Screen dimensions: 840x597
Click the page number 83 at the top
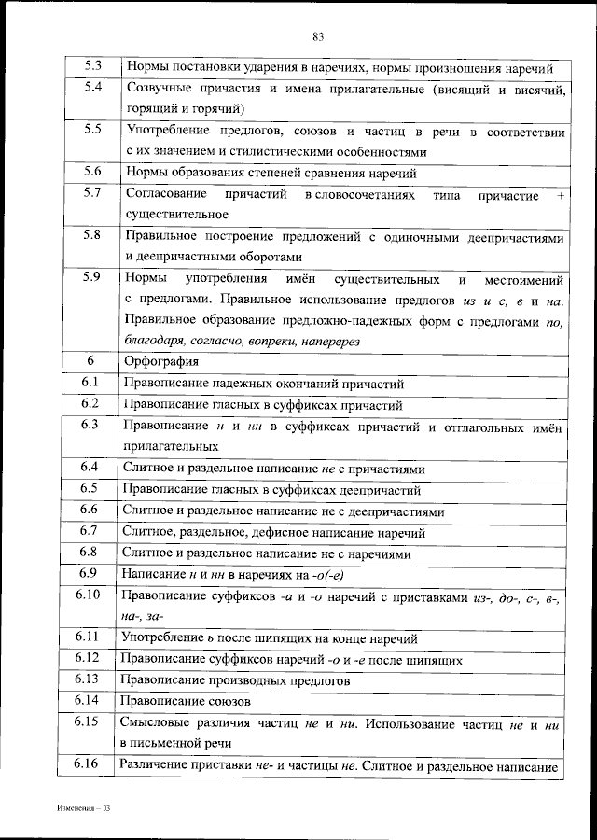pos(318,36)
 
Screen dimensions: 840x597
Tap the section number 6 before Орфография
pos(90,360)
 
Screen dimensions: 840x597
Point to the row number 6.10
pos(91,595)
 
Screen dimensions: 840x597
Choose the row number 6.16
pos(91,764)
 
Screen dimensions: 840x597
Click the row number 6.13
pos(91,679)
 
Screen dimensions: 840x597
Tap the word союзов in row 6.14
pos(227,699)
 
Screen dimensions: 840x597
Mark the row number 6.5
pos(91,488)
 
